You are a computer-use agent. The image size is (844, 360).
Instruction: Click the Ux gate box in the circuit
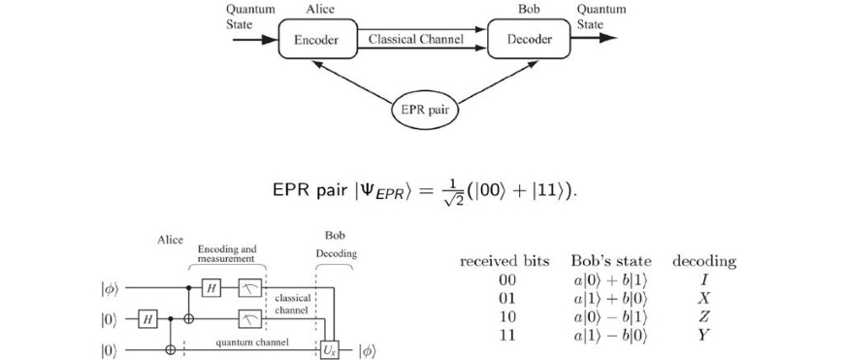328,347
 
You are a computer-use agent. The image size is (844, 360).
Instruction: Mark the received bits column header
504,261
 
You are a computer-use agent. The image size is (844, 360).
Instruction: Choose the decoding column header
703,261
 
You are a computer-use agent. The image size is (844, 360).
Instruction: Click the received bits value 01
504,297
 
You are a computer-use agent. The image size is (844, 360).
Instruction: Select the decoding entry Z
703,315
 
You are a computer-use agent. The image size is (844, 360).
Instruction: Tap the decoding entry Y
703,334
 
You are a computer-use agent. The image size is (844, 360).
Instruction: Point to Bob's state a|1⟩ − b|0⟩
610,334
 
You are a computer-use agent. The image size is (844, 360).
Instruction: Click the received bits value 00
504,279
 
